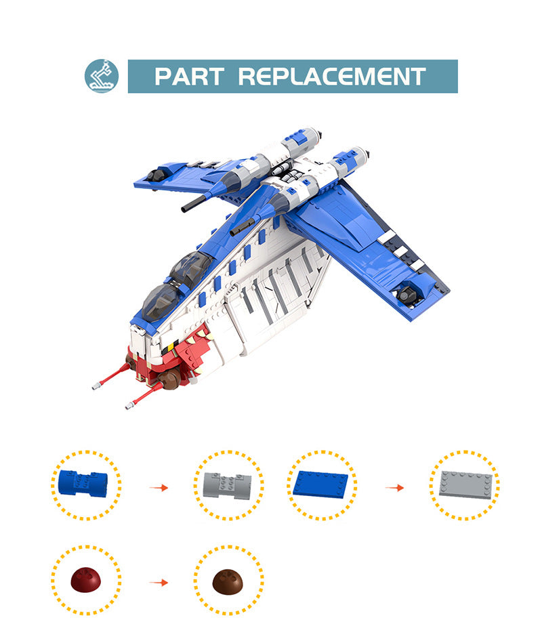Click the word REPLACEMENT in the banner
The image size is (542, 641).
pyautogui.click(x=332, y=76)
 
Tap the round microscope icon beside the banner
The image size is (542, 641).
pyautogui.click(x=102, y=76)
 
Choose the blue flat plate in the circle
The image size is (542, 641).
pyautogui.click(x=322, y=484)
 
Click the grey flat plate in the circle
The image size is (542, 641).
pyautogui.click(x=464, y=484)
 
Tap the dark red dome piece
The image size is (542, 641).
pyautogui.click(x=86, y=581)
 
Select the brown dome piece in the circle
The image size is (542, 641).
pyautogui.click(x=228, y=581)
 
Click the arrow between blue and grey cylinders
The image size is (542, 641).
pyautogui.click(x=158, y=487)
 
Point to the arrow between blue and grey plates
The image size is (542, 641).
pyautogui.click(x=394, y=487)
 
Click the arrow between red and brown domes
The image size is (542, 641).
pyautogui.click(x=158, y=582)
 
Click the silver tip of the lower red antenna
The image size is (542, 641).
pyautogui.click(x=129, y=406)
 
